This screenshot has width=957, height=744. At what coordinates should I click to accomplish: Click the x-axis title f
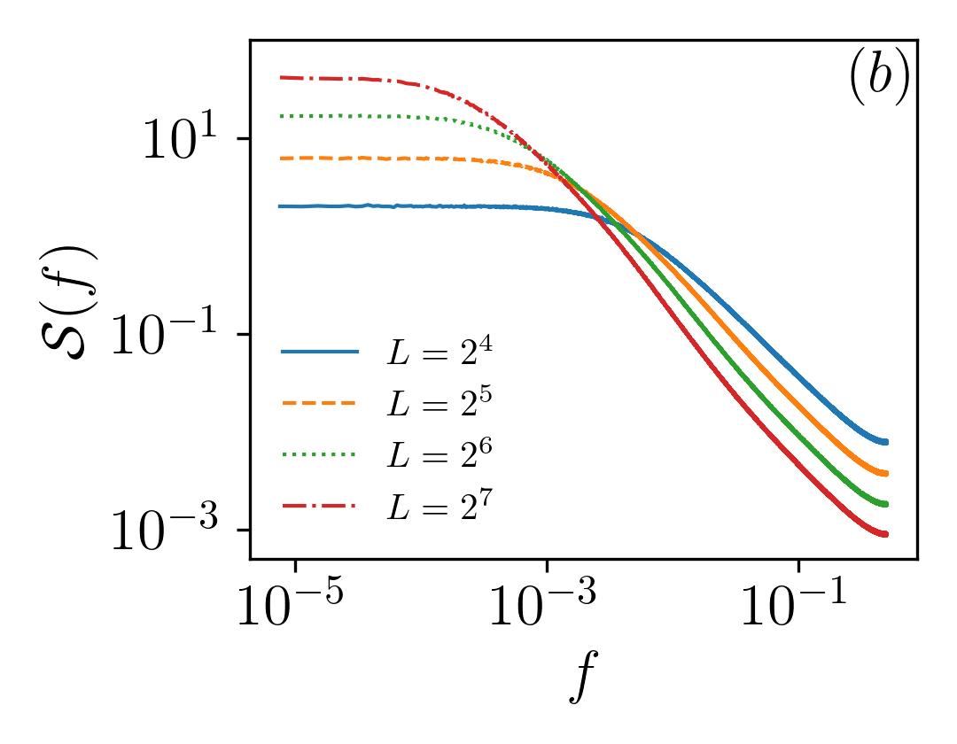point(583,676)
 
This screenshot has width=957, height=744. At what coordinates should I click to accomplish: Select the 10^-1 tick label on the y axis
point(165,335)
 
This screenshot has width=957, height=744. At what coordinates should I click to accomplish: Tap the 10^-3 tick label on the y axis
point(165,530)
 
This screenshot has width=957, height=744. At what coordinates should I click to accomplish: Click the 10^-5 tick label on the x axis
point(291,604)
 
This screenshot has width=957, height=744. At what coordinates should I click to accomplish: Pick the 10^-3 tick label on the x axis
point(542,604)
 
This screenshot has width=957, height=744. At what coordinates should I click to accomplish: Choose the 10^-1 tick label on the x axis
point(794,604)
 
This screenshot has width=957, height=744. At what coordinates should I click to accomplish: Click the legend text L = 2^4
point(440,353)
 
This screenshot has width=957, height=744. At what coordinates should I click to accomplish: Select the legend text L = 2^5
point(440,403)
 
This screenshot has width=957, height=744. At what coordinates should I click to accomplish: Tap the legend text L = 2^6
point(440,454)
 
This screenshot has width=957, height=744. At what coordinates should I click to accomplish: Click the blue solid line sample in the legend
point(320,352)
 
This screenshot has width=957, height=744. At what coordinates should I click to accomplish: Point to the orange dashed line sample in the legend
point(319,403)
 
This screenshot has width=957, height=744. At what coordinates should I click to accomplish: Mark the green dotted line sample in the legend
point(319,454)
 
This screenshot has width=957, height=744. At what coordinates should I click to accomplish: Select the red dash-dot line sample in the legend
point(319,506)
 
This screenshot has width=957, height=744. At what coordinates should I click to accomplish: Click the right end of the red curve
point(887,534)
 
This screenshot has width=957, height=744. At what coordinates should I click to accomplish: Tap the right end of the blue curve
point(887,441)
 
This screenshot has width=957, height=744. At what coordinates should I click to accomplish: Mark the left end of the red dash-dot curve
point(280,77)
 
